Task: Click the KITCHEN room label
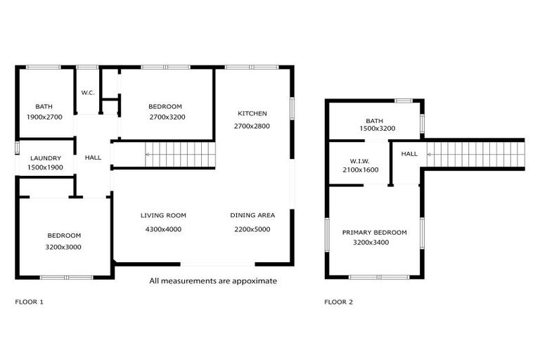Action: (x=252, y=113)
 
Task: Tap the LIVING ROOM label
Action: (x=163, y=215)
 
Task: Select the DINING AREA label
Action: (x=252, y=215)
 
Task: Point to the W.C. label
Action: (x=88, y=93)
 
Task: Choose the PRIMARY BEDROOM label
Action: (x=375, y=232)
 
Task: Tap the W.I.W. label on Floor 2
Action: (x=360, y=160)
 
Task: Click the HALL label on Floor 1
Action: (x=93, y=158)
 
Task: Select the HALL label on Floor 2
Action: (x=409, y=153)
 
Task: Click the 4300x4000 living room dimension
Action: (x=163, y=229)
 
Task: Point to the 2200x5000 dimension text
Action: (x=252, y=229)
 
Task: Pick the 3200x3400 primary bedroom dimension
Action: (x=371, y=243)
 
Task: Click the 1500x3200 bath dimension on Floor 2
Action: (x=378, y=129)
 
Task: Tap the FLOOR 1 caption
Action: (x=30, y=302)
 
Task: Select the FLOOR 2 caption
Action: (x=339, y=302)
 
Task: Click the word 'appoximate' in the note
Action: (x=256, y=281)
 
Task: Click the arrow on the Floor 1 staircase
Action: (x=148, y=154)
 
